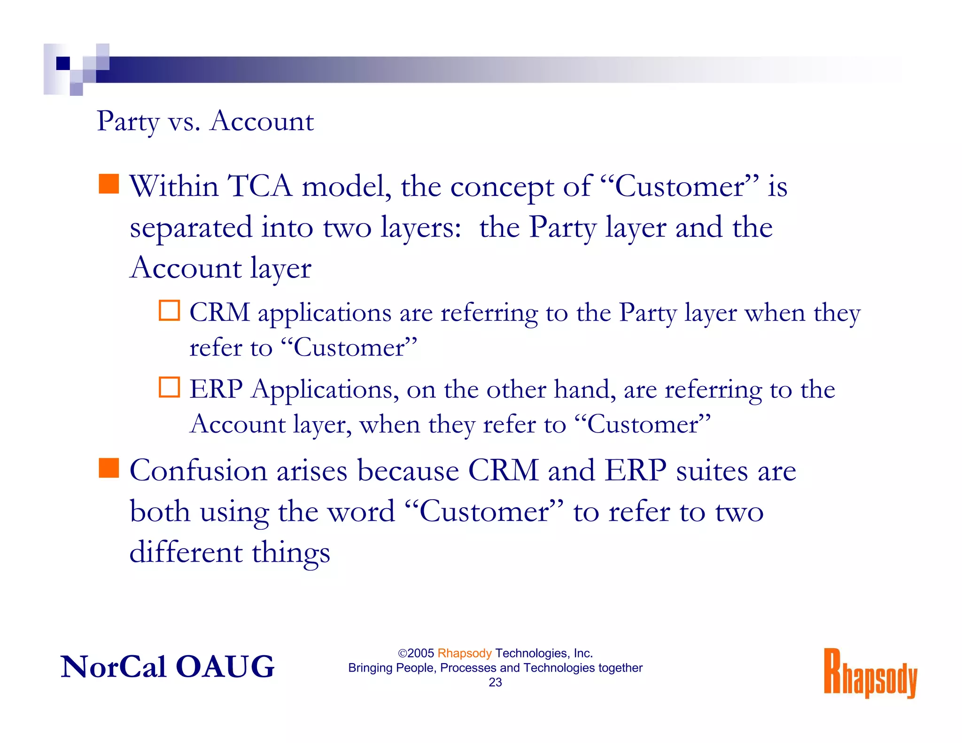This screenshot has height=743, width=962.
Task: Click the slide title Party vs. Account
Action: [205, 121]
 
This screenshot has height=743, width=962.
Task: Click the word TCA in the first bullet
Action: [260, 186]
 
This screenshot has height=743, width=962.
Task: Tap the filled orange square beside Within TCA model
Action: [109, 184]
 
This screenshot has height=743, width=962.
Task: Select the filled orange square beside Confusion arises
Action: [109, 468]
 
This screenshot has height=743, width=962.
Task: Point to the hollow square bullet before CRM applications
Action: [169, 310]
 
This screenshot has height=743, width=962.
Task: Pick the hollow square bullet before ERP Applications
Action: [169, 387]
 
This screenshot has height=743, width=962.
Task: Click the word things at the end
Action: [291, 553]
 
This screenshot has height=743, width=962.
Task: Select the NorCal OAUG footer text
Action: [167, 666]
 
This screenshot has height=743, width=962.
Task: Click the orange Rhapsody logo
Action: [870, 673]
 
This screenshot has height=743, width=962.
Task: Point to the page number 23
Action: [495, 682]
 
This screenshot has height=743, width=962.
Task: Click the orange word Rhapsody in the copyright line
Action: [464, 653]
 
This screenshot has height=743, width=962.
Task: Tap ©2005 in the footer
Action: [416, 653]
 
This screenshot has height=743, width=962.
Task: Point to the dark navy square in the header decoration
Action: [63, 63]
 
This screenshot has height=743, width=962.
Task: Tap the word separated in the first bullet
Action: [191, 228]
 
